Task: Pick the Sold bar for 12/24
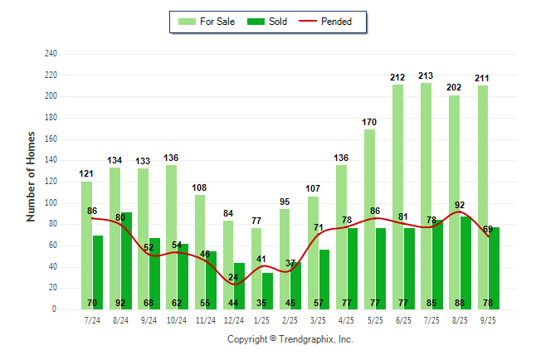[x=239, y=282]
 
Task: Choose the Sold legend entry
[x=270, y=22]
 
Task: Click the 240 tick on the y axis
[x=51, y=54]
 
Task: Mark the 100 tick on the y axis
[x=51, y=203]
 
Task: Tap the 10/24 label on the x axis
[x=177, y=319]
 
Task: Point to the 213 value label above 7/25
[x=426, y=76]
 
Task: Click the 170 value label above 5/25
[x=369, y=122]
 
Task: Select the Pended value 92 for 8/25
[x=460, y=205]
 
